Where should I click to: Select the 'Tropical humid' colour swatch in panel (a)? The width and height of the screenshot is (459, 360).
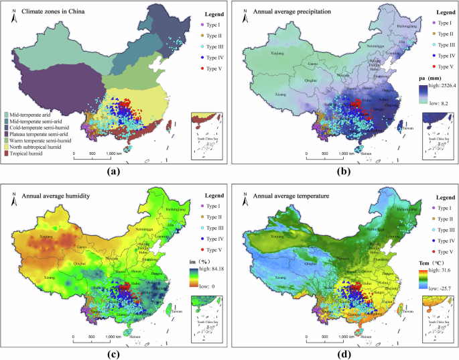click(7, 153)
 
